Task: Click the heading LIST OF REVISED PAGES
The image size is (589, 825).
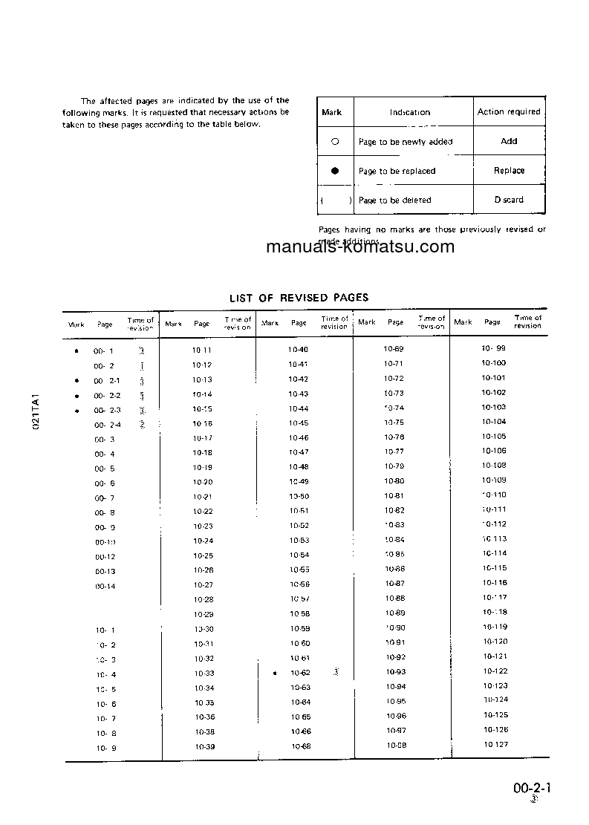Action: pyautogui.click(x=299, y=298)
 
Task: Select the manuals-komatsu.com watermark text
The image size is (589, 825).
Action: pyautogui.click(x=360, y=247)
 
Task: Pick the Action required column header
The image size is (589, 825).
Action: pyautogui.click(x=509, y=112)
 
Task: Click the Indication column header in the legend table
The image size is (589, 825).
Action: pyautogui.click(x=410, y=113)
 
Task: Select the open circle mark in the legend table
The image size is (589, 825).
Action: pyautogui.click(x=335, y=141)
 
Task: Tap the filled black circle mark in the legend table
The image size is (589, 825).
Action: pyautogui.click(x=335, y=171)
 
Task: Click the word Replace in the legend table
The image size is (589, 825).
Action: pyautogui.click(x=509, y=171)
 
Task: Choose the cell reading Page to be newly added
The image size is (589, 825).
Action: pyautogui.click(x=405, y=142)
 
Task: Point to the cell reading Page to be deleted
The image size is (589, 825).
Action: pyautogui.click(x=394, y=200)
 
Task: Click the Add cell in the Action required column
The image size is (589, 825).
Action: pyautogui.click(x=509, y=141)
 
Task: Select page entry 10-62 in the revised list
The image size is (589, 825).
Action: pyautogui.click(x=300, y=673)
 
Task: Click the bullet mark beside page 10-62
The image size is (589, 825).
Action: pyautogui.click(x=275, y=674)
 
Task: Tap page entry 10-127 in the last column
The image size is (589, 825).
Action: pyautogui.click(x=495, y=745)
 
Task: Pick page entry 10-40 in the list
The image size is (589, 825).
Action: pyautogui.click(x=299, y=350)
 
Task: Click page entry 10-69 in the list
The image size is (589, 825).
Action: pyautogui.click(x=394, y=349)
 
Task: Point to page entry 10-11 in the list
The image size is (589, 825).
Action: pyautogui.click(x=202, y=350)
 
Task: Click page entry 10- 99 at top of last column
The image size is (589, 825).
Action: pyautogui.click(x=493, y=348)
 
